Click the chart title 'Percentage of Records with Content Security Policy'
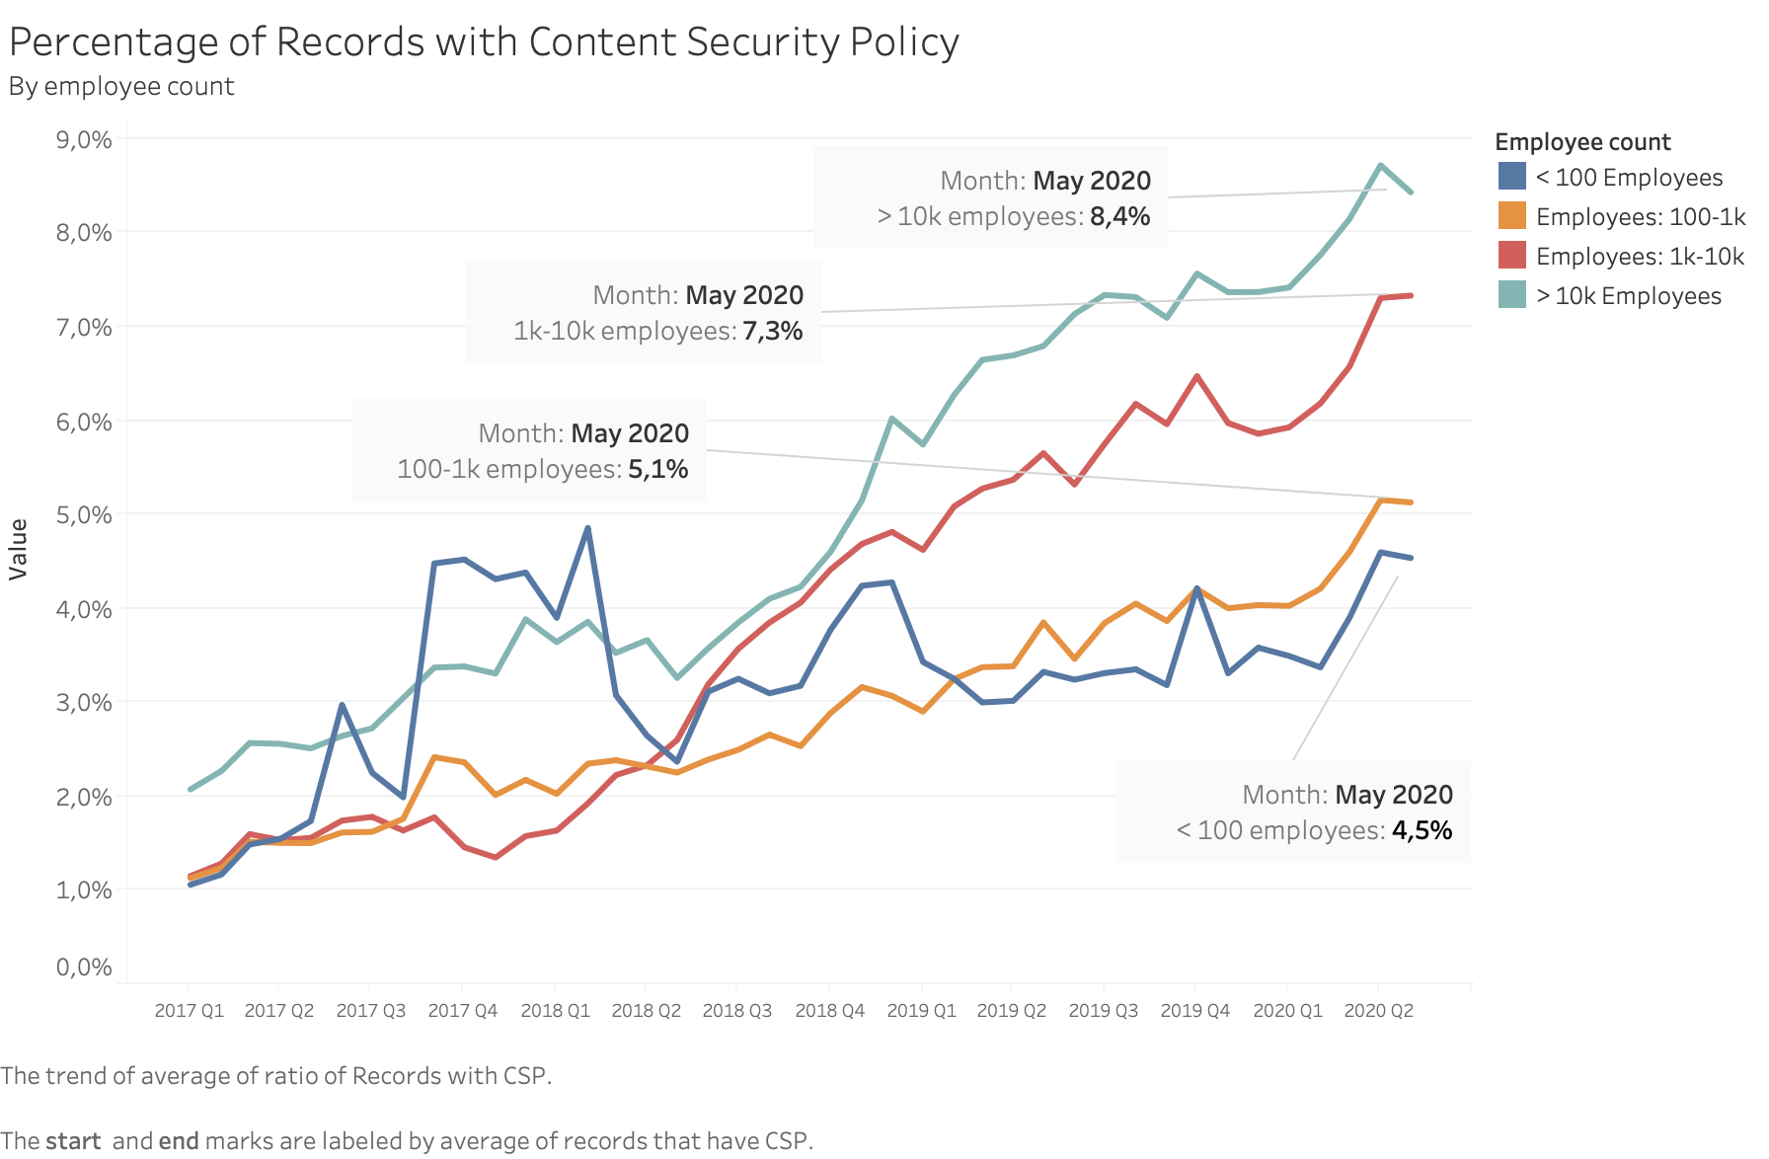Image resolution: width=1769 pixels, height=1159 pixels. (484, 42)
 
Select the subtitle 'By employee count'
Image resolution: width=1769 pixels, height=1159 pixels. (121, 87)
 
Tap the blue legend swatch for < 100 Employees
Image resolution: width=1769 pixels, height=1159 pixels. (1511, 177)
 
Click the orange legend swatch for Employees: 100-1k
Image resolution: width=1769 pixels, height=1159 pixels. (1511, 216)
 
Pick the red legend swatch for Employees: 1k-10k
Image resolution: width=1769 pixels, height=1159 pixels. (1511, 256)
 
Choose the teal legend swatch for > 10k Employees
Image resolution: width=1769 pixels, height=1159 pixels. (1511, 295)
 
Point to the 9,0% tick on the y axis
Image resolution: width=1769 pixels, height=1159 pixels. (84, 139)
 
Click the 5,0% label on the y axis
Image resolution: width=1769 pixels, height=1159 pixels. (84, 514)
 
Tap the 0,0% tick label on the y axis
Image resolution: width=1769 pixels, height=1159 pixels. (84, 966)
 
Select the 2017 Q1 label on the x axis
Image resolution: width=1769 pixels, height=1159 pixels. (189, 1011)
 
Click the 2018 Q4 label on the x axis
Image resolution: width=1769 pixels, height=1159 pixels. (829, 1011)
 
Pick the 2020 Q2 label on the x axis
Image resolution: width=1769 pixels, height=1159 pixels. (1378, 1011)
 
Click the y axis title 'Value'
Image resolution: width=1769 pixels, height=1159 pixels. (18, 549)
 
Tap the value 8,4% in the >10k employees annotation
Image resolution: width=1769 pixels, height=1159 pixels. (1119, 217)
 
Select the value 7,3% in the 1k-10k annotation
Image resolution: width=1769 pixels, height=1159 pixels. (772, 332)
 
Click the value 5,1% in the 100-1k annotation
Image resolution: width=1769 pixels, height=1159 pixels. (657, 470)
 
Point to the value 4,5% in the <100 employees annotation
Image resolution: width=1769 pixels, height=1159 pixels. (1422, 831)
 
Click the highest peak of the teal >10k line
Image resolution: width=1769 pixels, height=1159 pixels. (1380, 165)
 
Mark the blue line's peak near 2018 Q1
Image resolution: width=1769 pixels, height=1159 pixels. (587, 528)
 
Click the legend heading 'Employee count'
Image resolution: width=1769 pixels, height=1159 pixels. (1581, 142)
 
